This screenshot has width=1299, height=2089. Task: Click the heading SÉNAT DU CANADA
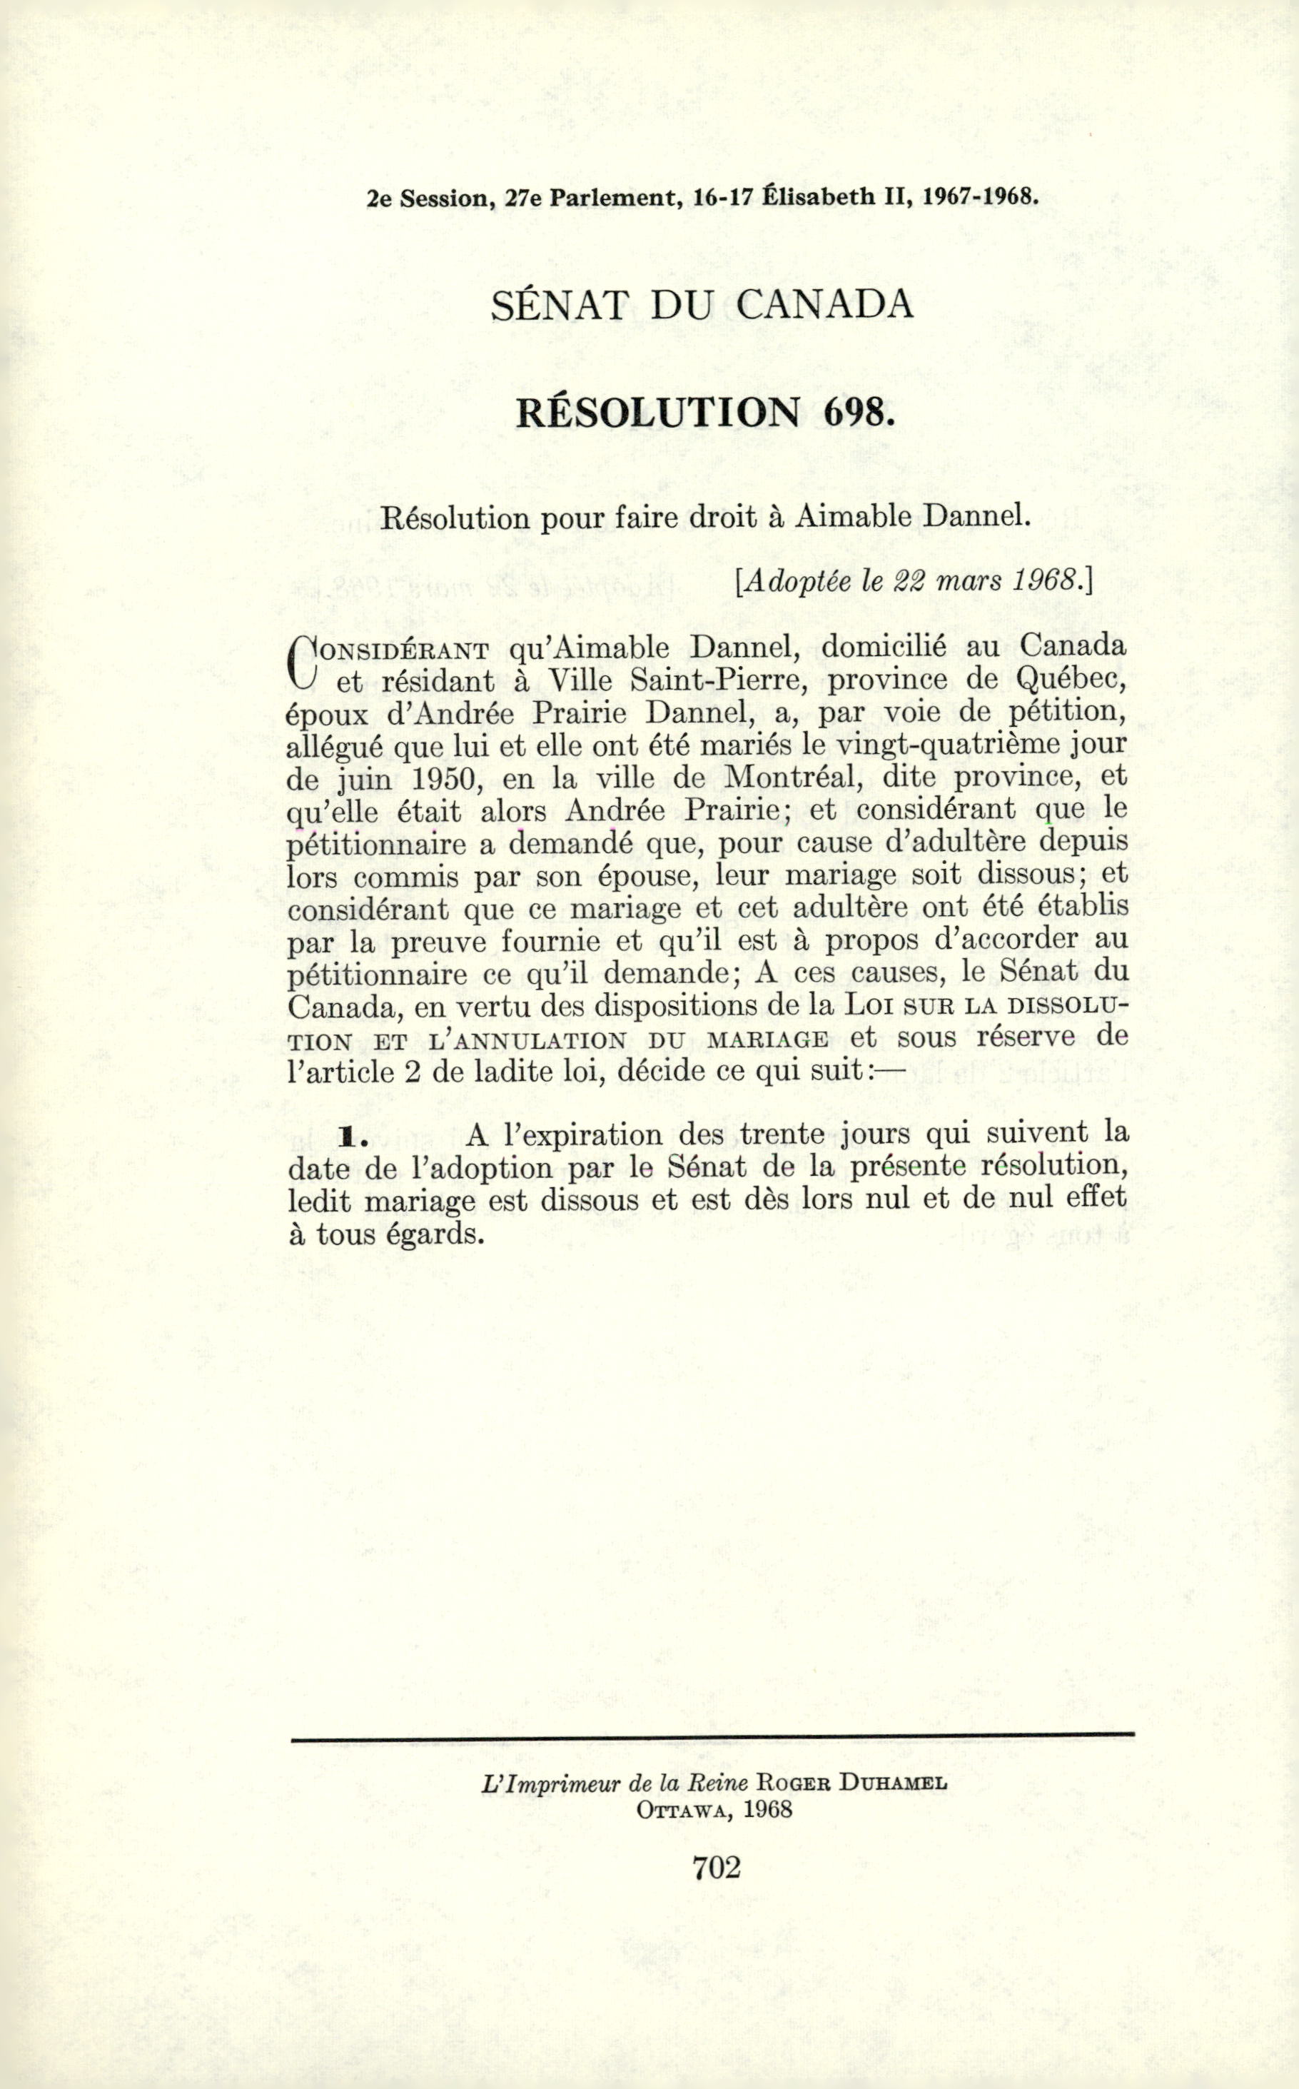click(x=700, y=307)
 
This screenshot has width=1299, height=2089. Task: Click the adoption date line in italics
click(x=914, y=581)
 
